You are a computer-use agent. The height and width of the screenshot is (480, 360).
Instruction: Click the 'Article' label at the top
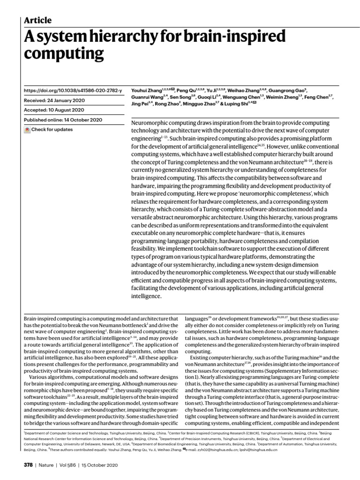tap(37, 20)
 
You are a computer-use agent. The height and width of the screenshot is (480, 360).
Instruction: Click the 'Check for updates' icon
tap(27, 130)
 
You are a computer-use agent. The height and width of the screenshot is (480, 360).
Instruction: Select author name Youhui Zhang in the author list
tap(144, 90)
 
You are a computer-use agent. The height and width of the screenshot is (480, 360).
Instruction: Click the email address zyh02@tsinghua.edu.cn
tap(212, 449)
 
